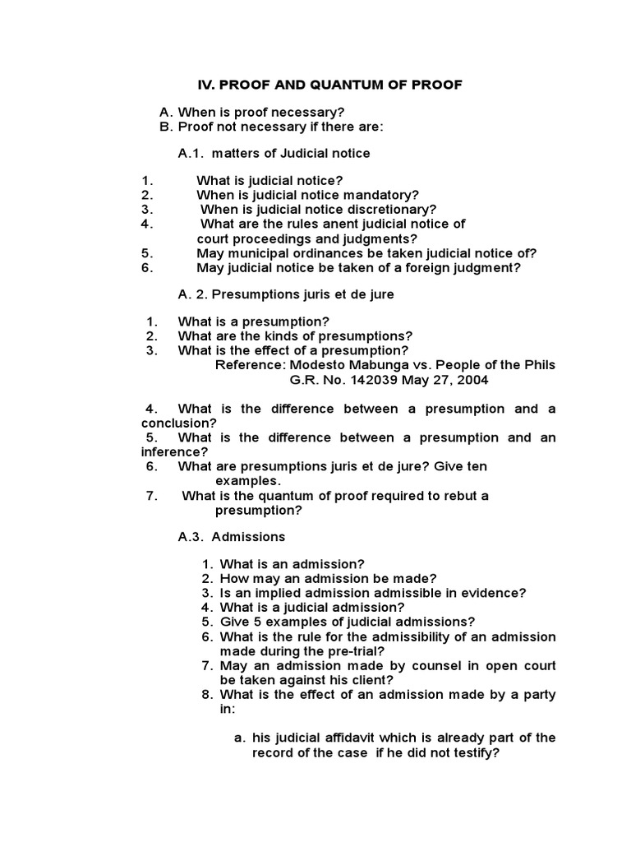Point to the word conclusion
tap(176, 423)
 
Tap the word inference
tap(175, 451)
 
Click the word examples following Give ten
tap(247, 480)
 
